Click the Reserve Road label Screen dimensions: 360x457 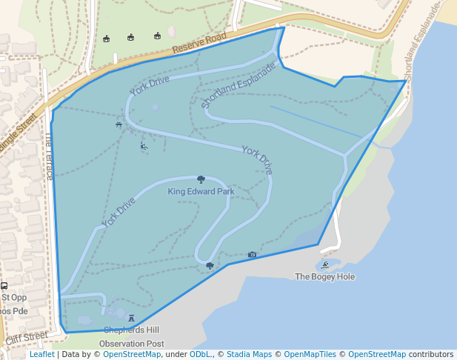click(199, 44)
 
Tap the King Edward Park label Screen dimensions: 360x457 click(201, 192)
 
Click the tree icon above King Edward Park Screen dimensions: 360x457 click(201, 179)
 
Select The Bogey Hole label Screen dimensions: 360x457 click(324, 277)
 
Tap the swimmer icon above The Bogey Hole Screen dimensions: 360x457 click(325, 264)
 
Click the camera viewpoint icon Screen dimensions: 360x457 click(252, 255)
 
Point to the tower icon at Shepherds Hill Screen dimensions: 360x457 click(132, 319)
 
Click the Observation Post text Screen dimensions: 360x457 click(131, 344)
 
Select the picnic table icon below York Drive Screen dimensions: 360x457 click(119, 125)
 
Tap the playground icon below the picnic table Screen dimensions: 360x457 click(144, 146)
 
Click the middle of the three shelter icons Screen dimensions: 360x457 click(130, 37)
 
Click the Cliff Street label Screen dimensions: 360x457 click(26, 339)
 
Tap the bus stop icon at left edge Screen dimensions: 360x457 click(4, 285)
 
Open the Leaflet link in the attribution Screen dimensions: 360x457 click(41, 355)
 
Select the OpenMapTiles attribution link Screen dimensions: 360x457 click(312, 355)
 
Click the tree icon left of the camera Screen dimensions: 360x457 click(210, 264)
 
